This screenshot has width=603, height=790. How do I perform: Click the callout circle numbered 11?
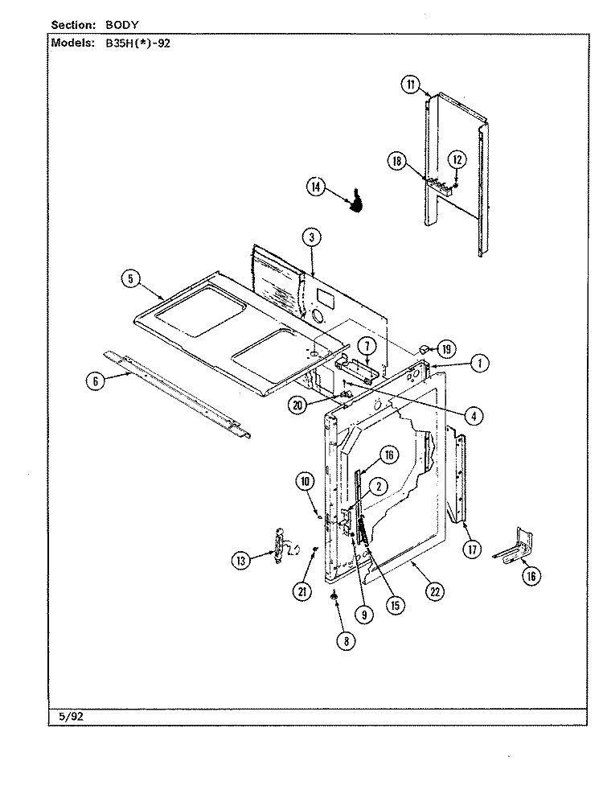point(411,84)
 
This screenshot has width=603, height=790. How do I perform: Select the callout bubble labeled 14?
point(316,187)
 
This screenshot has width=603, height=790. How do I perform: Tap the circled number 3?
point(312,237)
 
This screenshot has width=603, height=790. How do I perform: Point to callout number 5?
point(131,278)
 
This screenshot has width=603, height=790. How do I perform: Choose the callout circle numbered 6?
point(96,381)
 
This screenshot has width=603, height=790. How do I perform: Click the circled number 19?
point(446,349)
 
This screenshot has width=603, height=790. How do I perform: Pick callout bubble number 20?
point(298,405)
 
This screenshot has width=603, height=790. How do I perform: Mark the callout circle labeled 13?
point(241,561)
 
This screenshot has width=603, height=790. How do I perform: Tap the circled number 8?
point(346,641)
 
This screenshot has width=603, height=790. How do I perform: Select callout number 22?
point(435,591)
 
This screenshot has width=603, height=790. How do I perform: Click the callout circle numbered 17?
point(472,549)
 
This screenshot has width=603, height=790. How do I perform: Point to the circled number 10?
point(305,482)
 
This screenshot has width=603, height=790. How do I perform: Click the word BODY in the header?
point(122,25)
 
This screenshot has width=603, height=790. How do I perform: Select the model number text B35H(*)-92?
point(138,43)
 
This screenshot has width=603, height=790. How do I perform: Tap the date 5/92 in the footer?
point(71,717)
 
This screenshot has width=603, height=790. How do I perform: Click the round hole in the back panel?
point(318,316)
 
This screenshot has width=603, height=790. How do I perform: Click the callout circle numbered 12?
point(457,160)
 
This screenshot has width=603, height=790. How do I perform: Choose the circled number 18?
point(396,161)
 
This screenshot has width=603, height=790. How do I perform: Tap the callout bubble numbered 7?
point(367,346)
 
